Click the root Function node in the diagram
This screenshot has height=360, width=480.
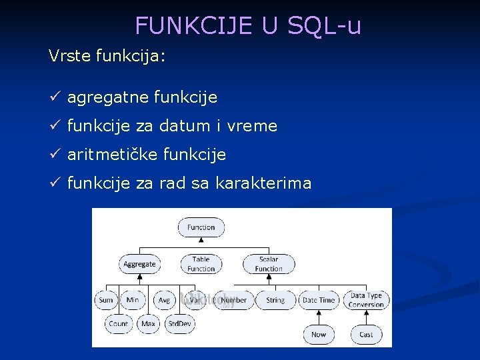(201, 227)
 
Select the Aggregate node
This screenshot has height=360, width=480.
(139, 264)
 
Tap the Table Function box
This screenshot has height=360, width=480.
(201, 264)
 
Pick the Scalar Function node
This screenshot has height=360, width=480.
(269, 264)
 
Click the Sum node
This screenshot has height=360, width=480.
(106, 300)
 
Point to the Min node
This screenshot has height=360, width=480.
(133, 300)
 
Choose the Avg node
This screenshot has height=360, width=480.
(164, 300)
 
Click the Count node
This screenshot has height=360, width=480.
(118, 324)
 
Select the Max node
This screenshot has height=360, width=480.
(148, 324)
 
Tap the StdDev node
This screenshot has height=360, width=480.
(179, 324)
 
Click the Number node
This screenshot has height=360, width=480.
(234, 300)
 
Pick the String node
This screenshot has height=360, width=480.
(275, 300)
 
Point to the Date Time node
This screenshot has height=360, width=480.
(319, 300)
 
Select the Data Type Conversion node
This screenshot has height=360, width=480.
(366, 300)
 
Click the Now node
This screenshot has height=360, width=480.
(319, 334)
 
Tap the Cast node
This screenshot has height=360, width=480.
(366, 334)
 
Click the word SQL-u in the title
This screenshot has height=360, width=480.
(325, 25)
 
